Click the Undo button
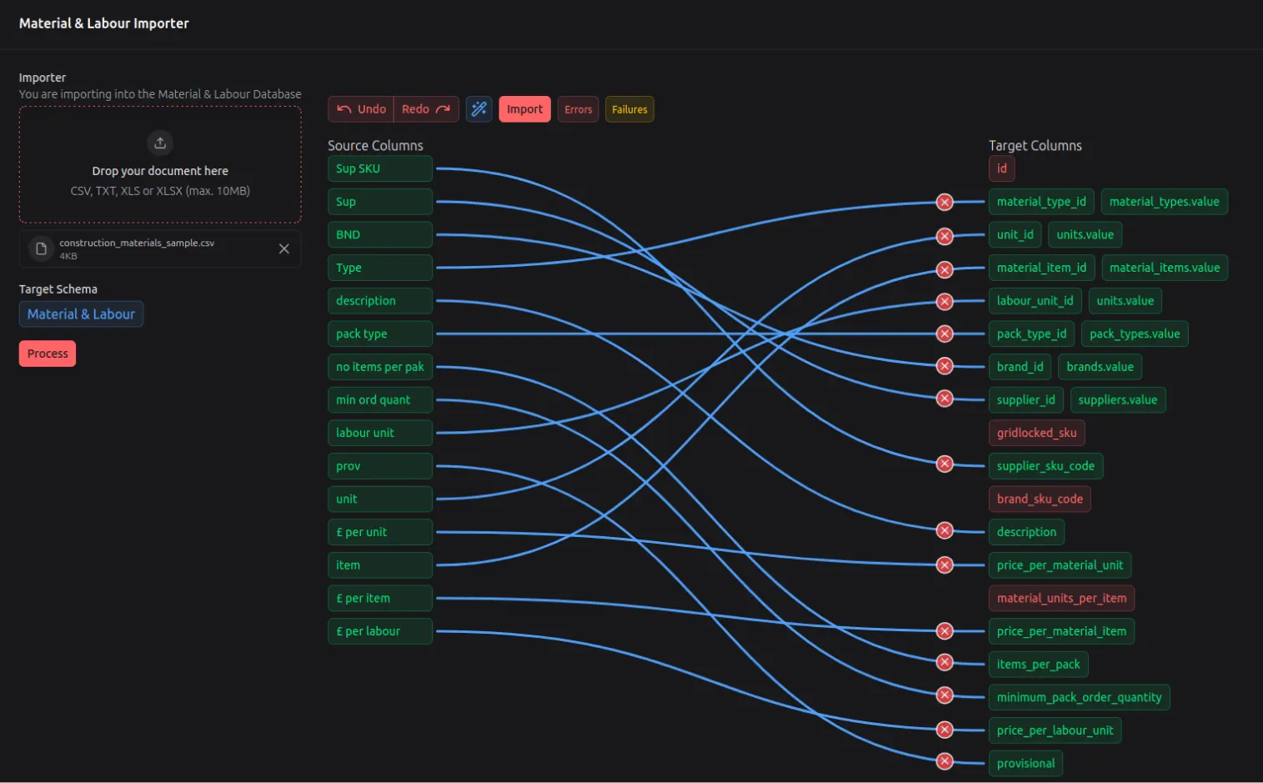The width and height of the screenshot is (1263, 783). (x=361, y=109)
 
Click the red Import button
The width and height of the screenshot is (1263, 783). (x=524, y=109)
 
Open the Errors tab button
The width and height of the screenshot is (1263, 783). (x=578, y=109)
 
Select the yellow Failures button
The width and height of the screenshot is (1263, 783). (x=629, y=109)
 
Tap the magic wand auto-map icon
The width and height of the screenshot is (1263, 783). (x=479, y=109)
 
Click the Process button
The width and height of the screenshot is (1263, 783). (x=48, y=354)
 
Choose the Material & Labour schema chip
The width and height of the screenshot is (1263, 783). (x=81, y=314)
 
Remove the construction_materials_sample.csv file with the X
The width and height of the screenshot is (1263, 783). (x=284, y=248)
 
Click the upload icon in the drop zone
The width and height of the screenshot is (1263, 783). (x=160, y=143)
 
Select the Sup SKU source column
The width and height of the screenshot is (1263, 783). (x=379, y=168)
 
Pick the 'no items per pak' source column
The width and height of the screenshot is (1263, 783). (x=379, y=367)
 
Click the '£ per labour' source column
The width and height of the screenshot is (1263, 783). (x=379, y=631)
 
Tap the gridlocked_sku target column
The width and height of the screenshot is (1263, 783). (x=1036, y=433)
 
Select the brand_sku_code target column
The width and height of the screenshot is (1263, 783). (x=1040, y=499)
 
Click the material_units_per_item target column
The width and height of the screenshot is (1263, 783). (x=1061, y=598)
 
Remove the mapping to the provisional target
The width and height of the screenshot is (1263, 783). (x=945, y=761)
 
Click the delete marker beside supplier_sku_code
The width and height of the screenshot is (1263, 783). (x=945, y=464)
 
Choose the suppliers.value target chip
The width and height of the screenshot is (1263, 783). (x=1117, y=400)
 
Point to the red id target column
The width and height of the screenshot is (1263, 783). (x=1001, y=168)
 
